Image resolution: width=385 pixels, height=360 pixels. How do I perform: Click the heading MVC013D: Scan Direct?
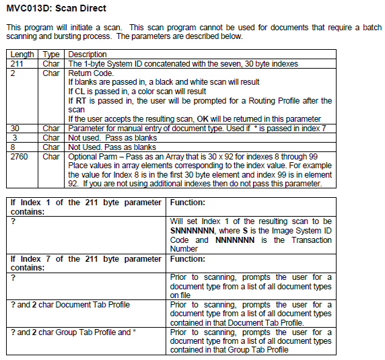(51, 9)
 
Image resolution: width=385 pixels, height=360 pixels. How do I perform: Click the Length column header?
(22, 54)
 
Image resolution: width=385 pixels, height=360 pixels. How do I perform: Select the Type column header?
(51, 54)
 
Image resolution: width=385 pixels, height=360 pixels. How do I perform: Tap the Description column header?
(87, 54)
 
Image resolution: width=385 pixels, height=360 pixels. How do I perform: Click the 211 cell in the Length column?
(17, 63)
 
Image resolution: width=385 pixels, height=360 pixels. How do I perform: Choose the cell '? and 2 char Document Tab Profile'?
(61, 305)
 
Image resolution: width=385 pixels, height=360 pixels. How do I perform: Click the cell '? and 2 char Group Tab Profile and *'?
(71, 332)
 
